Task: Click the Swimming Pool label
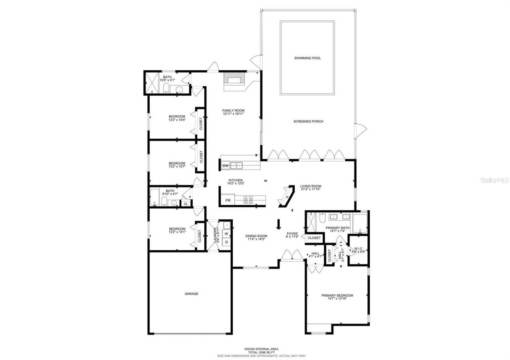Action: pyautogui.click(x=307, y=58)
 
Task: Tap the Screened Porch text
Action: pyautogui.click(x=308, y=121)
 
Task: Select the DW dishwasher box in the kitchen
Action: pyautogui.click(x=226, y=166)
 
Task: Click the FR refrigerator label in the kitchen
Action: pyautogui.click(x=228, y=200)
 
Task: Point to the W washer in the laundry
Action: pyautogui.click(x=226, y=234)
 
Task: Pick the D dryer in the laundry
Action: pyautogui.click(x=226, y=242)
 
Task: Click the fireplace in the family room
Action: pyautogui.click(x=234, y=79)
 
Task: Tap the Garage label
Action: pyautogui.click(x=191, y=294)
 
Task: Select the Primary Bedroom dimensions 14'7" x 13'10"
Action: pyautogui.click(x=337, y=299)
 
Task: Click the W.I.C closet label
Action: pyautogui.click(x=358, y=248)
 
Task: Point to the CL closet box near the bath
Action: pyautogui.click(x=186, y=204)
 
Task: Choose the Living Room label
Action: pyautogui.click(x=311, y=186)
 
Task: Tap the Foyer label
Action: pyautogui.click(x=292, y=234)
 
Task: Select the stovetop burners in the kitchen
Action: pyautogui.click(x=248, y=200)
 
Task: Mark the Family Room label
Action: pyautogui.click(x=233, y=110)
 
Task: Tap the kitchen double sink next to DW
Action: pyautogui.click(x=237, y=165)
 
